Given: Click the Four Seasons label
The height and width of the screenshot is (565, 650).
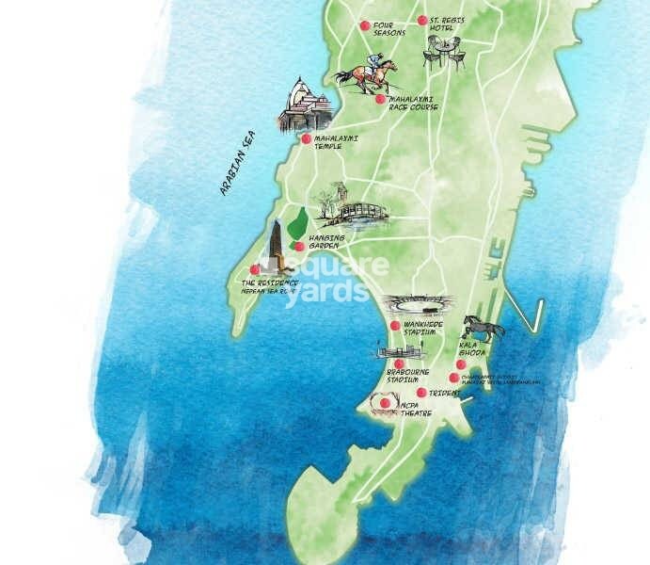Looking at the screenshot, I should (388, 28).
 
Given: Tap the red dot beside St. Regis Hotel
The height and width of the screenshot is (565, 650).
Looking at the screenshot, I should (421, 20).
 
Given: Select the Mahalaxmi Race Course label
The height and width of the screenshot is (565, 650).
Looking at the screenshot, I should (413, 103).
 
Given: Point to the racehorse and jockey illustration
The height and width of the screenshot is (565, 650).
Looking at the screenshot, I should (367, 74).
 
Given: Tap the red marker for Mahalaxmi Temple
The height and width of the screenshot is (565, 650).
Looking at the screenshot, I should (307, 138).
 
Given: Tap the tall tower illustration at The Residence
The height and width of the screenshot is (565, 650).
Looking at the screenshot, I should (276, 246).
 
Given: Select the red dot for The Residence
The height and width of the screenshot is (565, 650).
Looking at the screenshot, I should (255, 269).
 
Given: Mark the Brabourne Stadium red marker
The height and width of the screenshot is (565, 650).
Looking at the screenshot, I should (399, 363).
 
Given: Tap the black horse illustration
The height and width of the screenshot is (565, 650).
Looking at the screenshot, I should (484, 328).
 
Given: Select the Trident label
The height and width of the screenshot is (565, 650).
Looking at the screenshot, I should (441, 393).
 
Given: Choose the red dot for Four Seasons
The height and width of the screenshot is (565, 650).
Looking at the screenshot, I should (365, 25).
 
